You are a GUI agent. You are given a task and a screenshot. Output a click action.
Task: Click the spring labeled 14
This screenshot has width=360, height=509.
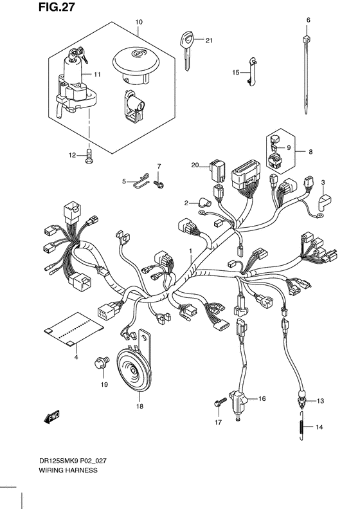[301, 427]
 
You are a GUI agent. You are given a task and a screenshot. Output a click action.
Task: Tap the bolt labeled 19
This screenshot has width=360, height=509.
[99, 362]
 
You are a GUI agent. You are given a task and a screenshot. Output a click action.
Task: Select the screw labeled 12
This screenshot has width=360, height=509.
[89, 155]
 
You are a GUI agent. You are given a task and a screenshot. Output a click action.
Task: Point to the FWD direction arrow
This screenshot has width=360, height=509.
[51, 418]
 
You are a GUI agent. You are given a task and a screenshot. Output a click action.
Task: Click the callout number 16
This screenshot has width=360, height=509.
[262, 400]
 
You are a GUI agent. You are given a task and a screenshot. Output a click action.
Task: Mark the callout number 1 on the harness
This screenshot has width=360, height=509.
[190, 250]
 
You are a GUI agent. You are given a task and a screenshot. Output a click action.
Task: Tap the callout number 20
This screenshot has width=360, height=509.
[194, 165]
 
